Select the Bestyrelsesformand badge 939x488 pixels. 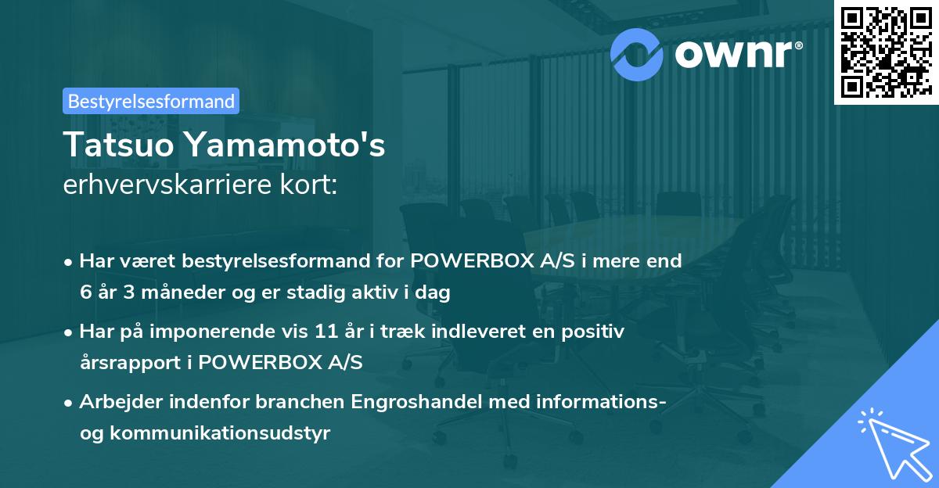click(151, 101)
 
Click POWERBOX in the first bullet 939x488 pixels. click(466, 261)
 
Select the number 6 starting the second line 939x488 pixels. click(85, 293)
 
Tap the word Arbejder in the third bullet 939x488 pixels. click(121, 402)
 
